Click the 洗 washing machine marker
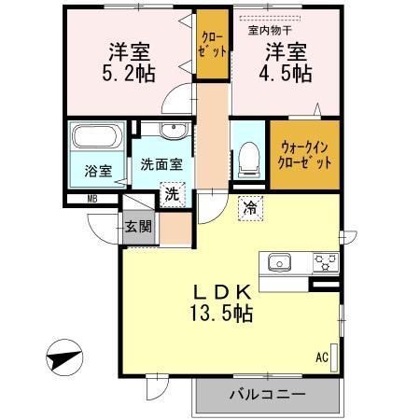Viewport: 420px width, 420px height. [x=172, y=194]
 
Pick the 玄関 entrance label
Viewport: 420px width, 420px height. [x=138, y=224]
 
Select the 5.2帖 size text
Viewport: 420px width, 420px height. [x=129, y=75]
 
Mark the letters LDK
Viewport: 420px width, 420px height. [x=221, y=290]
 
